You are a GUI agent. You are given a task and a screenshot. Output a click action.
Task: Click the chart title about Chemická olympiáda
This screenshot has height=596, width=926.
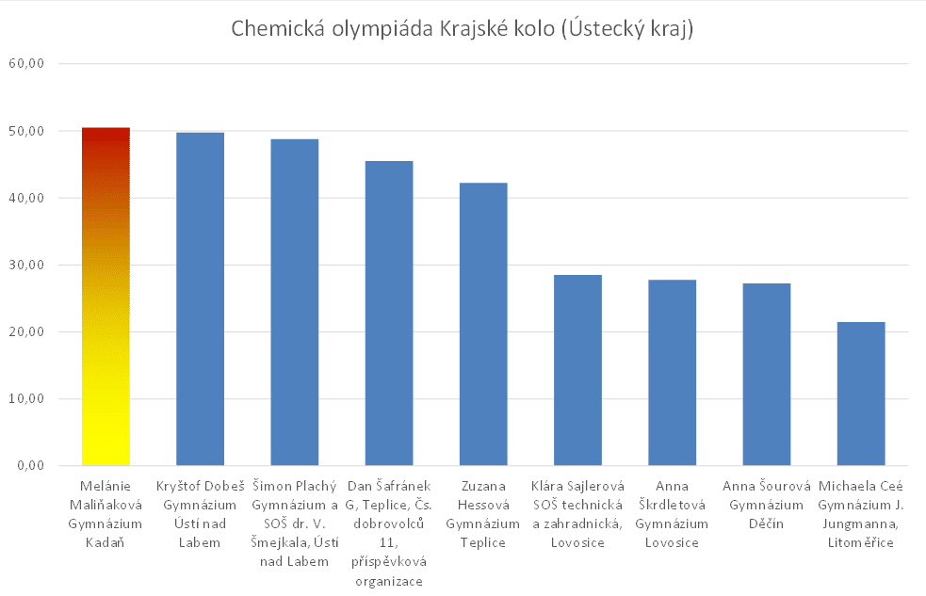(463, 29)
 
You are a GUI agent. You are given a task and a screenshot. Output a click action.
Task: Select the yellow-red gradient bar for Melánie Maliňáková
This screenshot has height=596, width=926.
(106, 297)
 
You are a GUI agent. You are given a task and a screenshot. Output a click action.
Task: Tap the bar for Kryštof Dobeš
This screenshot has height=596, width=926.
(201, 299)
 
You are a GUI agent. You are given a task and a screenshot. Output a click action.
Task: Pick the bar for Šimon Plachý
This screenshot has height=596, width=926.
(295, 302)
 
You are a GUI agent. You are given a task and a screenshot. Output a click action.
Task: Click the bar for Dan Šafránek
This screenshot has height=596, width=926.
(389, 314)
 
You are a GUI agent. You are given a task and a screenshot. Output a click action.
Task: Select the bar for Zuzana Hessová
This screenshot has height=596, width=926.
(483, 324)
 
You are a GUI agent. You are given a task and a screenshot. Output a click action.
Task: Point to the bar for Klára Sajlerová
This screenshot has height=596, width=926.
(577, 370)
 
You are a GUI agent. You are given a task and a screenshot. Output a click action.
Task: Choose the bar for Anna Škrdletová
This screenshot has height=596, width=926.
(672, 373)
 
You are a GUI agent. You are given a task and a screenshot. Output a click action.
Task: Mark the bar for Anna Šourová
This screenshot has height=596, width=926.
(766, 375)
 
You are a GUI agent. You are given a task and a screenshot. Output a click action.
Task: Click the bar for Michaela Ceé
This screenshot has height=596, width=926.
(860, 394)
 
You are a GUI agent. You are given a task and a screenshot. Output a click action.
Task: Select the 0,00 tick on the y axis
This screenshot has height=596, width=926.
(32, 465)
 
